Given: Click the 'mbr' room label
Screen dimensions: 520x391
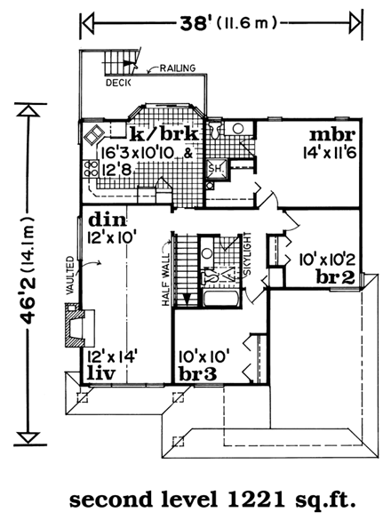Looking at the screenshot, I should point(332,135).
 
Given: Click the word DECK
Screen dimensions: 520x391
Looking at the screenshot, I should point(117,85).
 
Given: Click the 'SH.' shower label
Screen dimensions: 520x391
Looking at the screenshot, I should point(216,167).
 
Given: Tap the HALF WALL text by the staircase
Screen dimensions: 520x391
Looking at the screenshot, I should point(165,284).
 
